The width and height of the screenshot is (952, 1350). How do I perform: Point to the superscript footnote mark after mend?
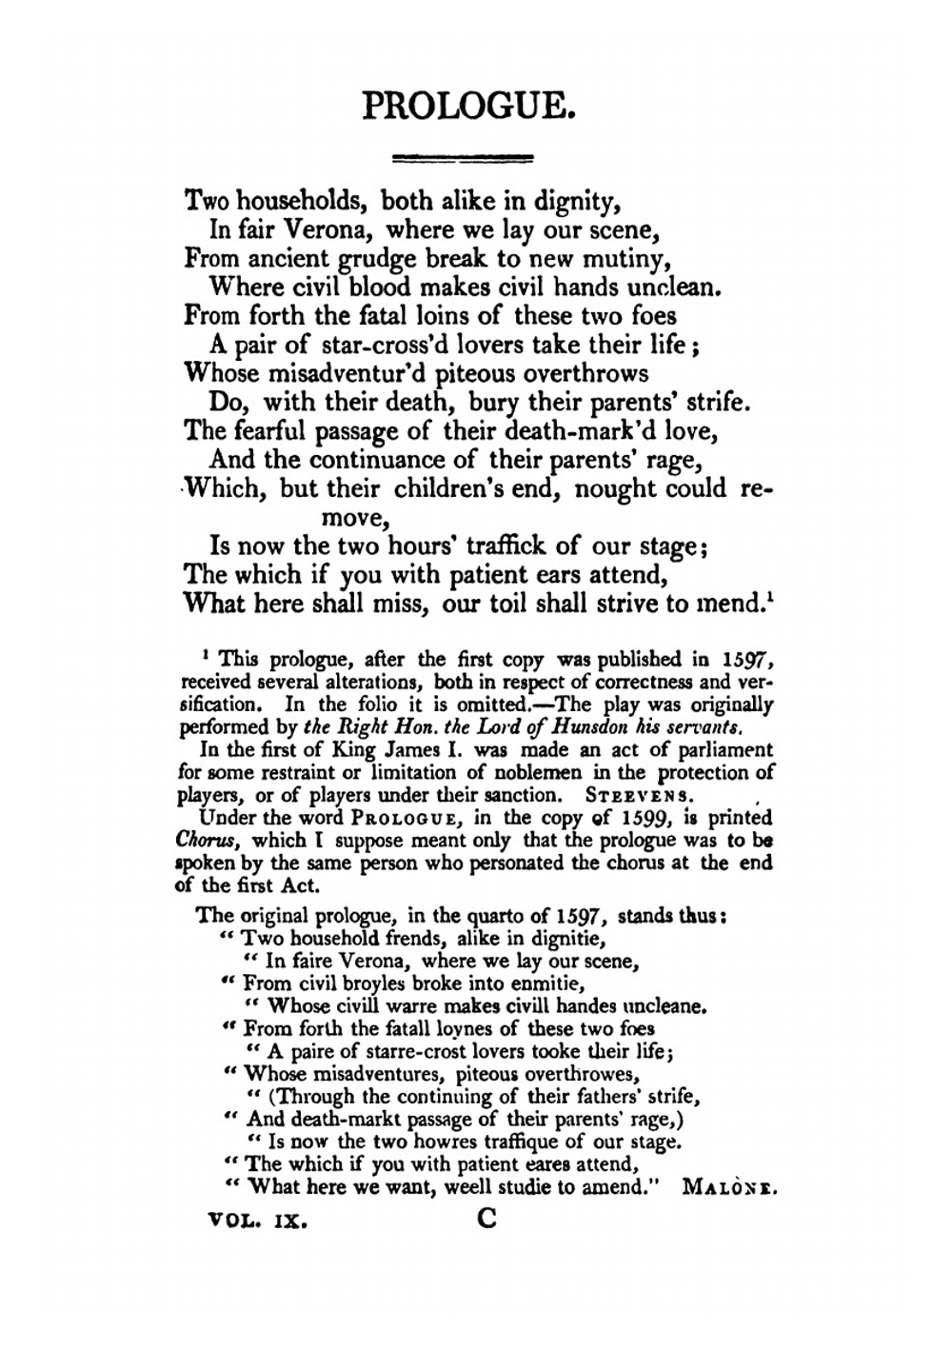click(767, 597)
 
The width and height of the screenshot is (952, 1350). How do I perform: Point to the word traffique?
click(506, 1142)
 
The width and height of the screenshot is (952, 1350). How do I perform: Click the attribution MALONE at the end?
click(729, 1188)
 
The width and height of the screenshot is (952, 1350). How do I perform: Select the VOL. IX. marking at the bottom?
click(258, 1221)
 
